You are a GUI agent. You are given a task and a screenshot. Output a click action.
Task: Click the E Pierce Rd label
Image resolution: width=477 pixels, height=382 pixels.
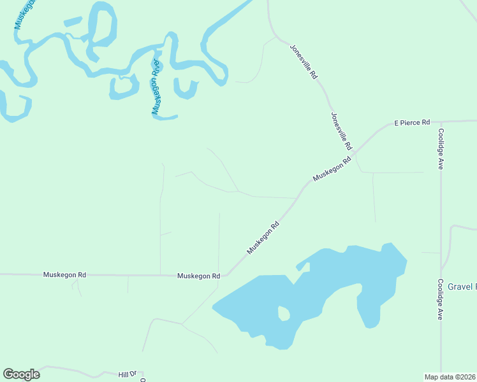[x=412, y=122]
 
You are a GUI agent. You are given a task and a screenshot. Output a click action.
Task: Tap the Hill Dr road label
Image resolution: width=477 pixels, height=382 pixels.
[x=128, y=374]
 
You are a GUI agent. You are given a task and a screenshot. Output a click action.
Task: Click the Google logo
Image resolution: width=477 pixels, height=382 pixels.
[x=21, y=374]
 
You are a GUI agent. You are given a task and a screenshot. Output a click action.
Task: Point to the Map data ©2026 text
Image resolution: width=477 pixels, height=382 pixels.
[x=450, y=377]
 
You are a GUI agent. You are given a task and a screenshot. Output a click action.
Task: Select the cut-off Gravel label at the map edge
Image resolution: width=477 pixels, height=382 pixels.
[x=462, y=287]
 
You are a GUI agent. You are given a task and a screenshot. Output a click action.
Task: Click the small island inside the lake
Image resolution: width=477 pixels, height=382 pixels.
[x=283, y=313]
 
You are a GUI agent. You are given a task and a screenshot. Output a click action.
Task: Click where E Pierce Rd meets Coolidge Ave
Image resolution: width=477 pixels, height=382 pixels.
[x=440, y=121]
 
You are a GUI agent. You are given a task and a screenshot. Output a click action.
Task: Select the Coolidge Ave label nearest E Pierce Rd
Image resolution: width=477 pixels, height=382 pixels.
[x=440, y=149]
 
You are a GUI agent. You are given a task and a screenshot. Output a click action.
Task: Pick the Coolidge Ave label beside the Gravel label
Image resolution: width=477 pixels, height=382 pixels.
[x=440, y=299]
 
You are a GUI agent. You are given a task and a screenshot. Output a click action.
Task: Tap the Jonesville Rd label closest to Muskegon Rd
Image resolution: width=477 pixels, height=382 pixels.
[x=341, y=131]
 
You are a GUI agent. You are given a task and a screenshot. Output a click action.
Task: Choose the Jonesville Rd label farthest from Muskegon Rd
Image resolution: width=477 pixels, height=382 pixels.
[x=304, y=61]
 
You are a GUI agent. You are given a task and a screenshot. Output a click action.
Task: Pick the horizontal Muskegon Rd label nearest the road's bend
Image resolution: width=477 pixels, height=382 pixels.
[x=198, y=276]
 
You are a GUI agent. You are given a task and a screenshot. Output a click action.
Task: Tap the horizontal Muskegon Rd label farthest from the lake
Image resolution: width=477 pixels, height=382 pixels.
[x=64, y=275]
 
